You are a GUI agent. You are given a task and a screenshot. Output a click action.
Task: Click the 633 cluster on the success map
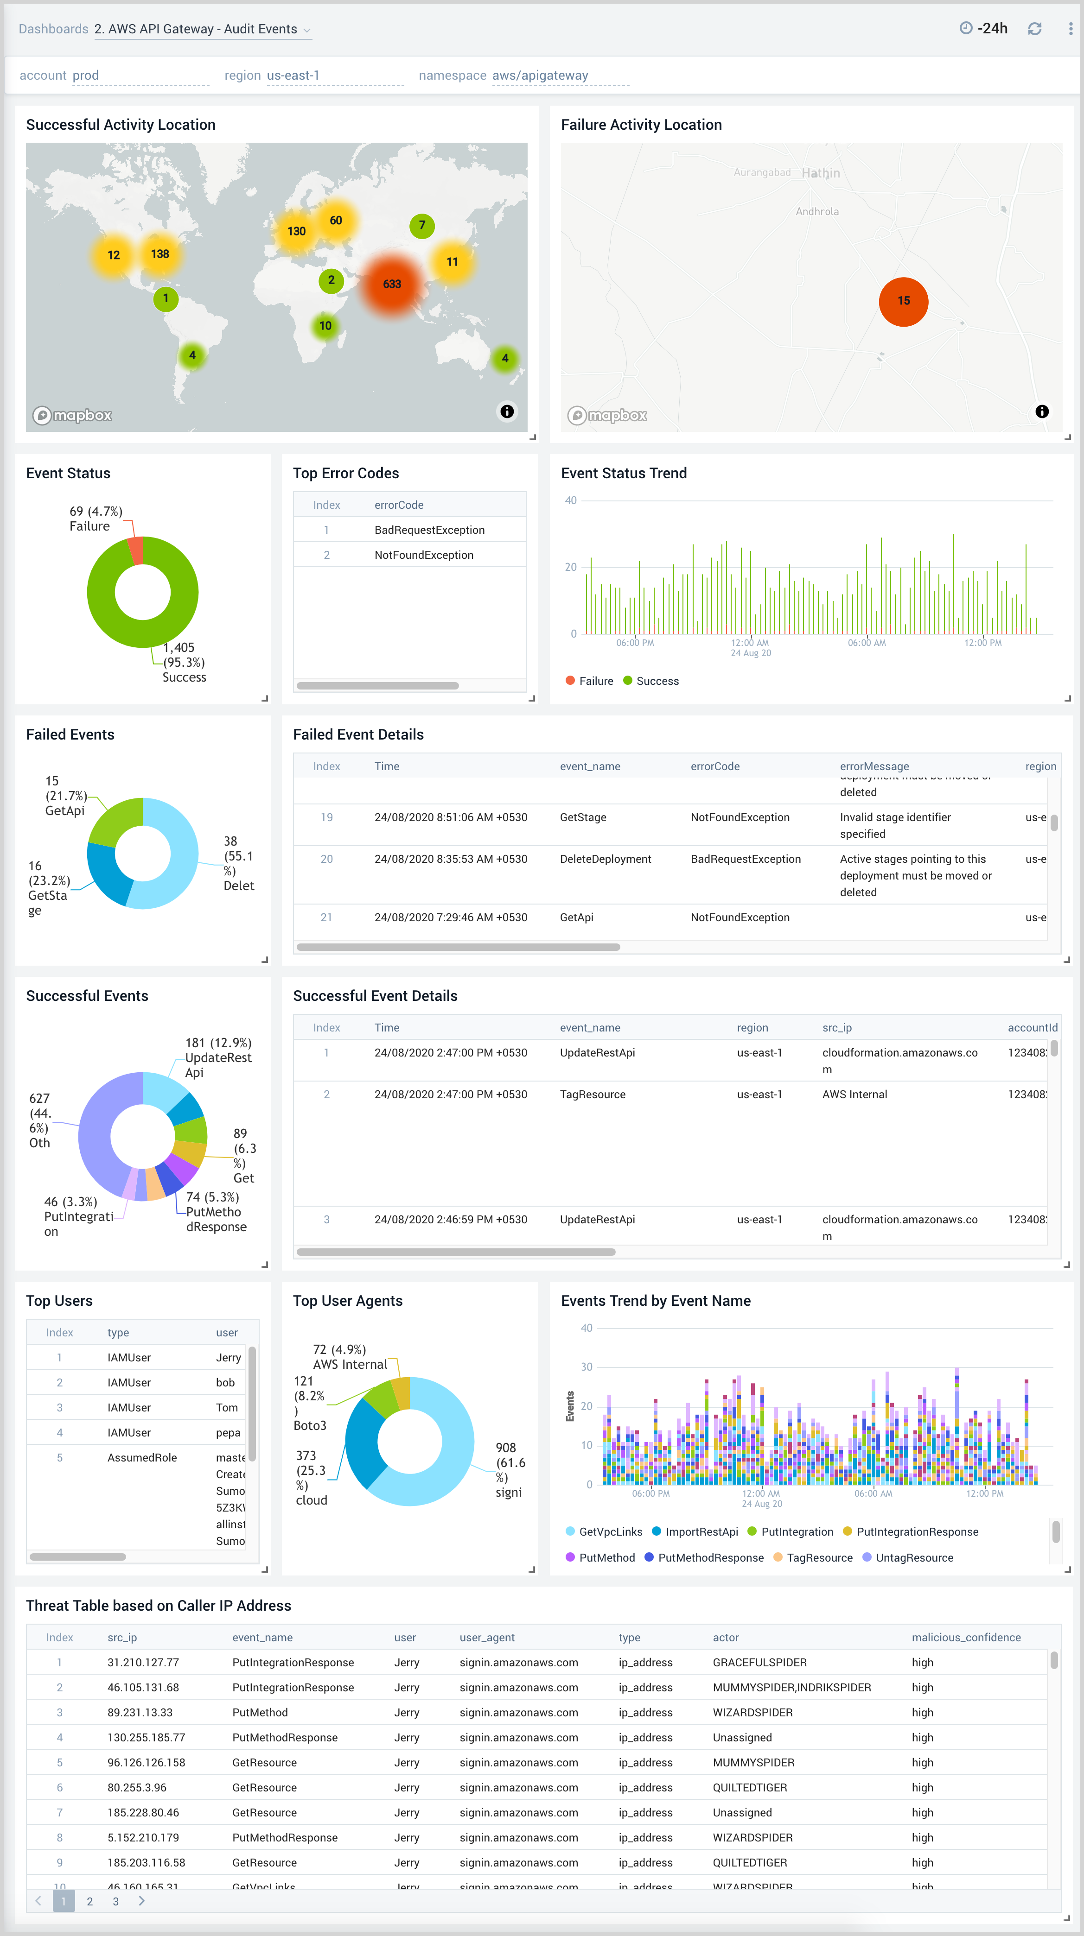tap(392, 284)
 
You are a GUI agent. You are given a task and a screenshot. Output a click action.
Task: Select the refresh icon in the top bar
tap(1034, 29)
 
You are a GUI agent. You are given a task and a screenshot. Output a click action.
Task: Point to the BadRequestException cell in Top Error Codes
tap(429, 530)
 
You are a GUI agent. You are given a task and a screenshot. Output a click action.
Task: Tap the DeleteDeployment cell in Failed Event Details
tap(605, 859)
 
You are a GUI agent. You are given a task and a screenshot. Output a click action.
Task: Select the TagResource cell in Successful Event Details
tap(593, 1094)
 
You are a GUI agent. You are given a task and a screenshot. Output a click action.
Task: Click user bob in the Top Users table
tap(225, 1383)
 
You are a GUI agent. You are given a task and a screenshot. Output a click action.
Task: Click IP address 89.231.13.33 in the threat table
tap(140, 1713)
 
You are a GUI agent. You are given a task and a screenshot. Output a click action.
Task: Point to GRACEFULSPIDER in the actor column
tap(759, 1663)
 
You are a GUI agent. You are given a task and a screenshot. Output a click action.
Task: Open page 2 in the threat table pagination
tap(89, 1901)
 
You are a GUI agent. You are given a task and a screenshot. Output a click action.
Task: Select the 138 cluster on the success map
tap(159, 254)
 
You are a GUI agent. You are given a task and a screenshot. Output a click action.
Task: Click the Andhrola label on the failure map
tap(817, 212)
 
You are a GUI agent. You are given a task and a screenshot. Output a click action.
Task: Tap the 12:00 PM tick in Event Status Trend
tap(982, 643)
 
